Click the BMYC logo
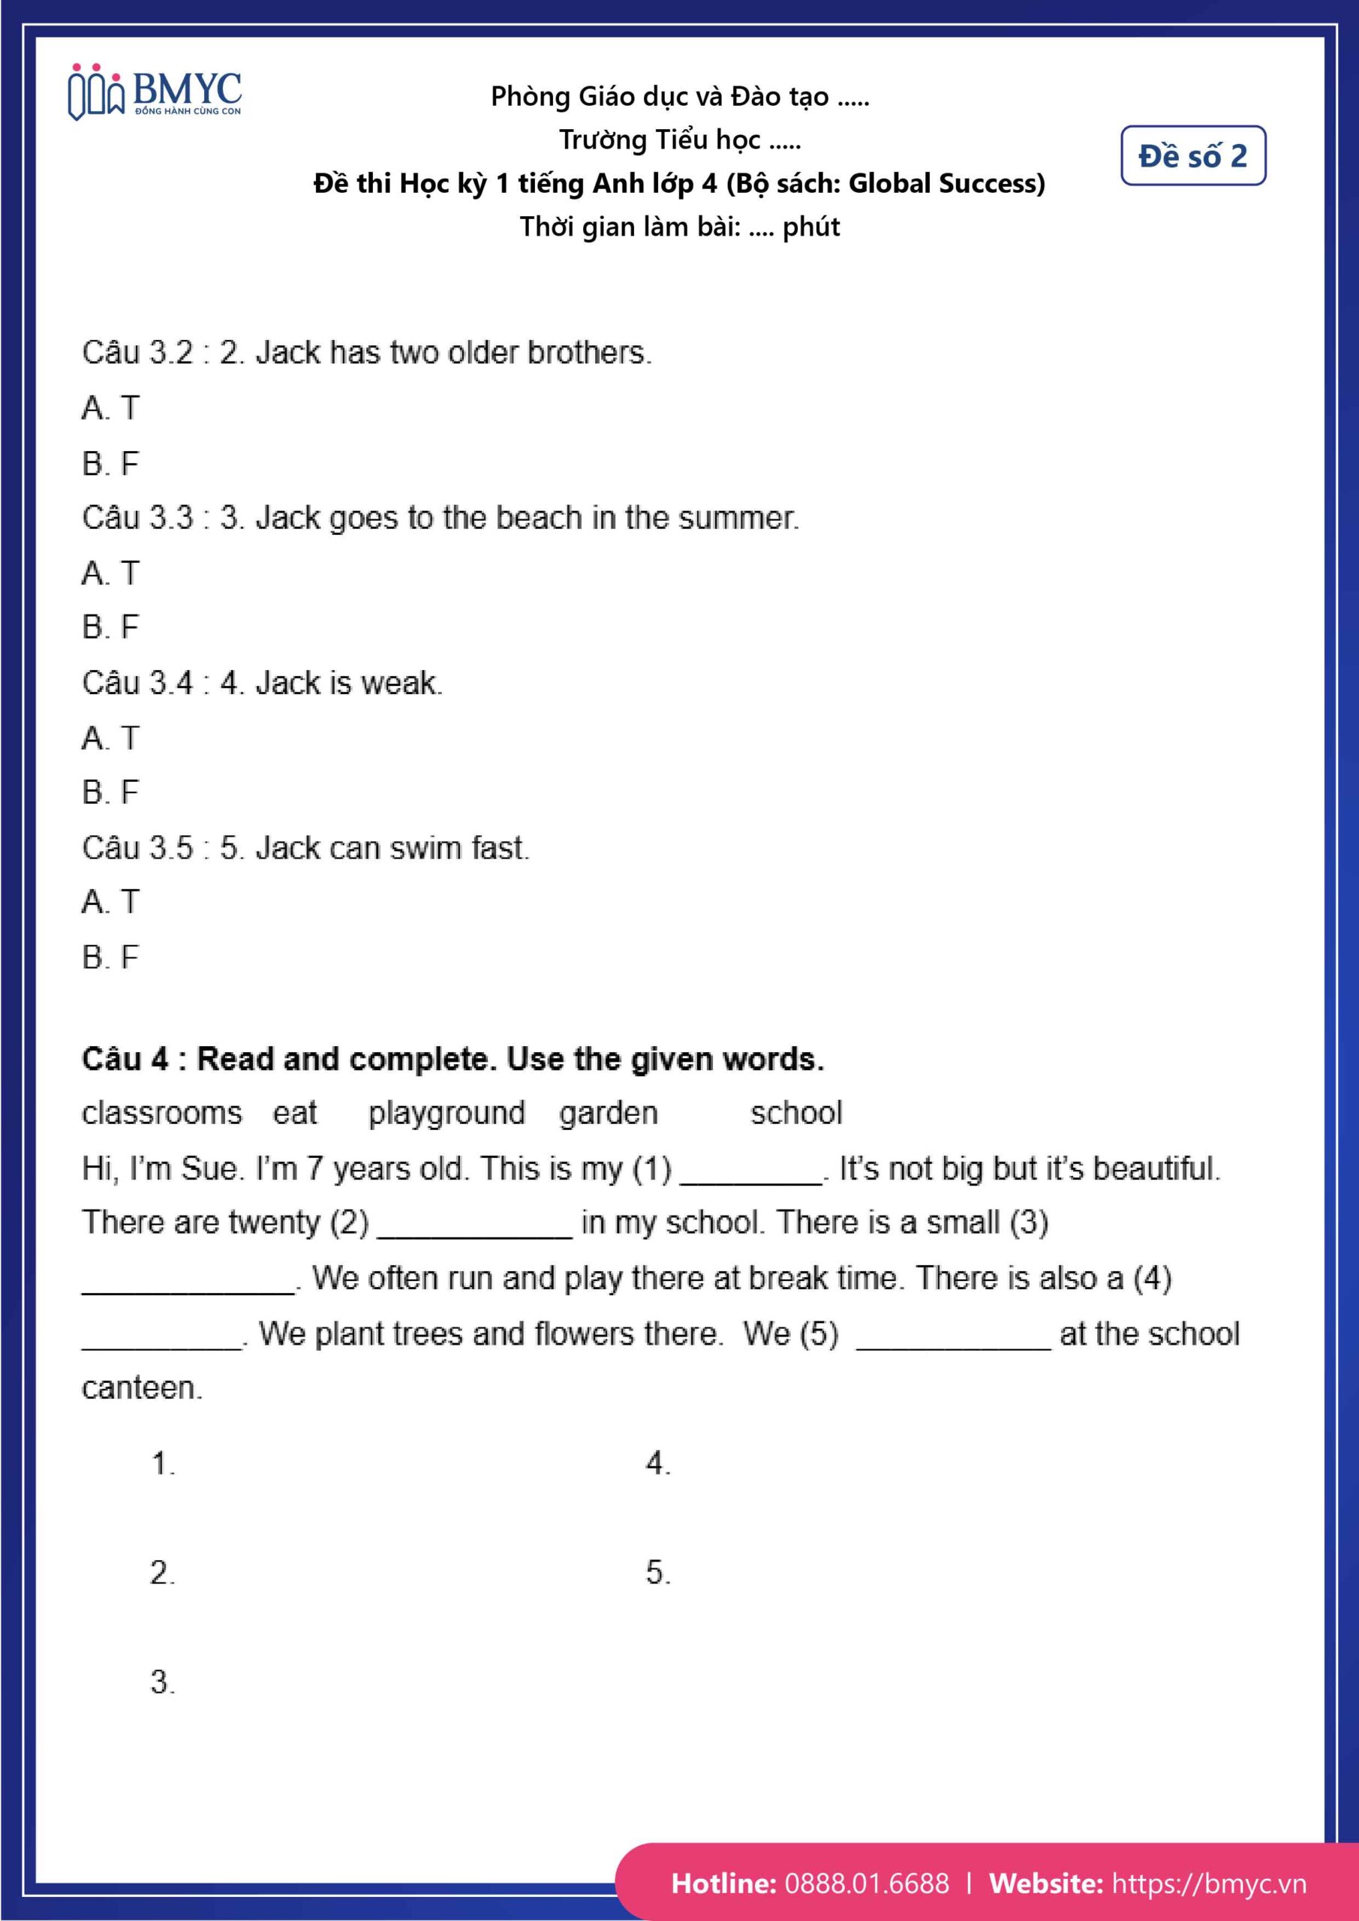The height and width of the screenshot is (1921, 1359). tap(154, 92)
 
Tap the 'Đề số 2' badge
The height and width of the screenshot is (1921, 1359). tap(1192, 155)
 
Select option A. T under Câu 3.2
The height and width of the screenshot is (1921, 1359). tap(110, 408)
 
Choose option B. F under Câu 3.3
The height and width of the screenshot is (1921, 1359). tap(110, 627)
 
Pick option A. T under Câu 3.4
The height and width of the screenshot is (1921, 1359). tap(110, 738)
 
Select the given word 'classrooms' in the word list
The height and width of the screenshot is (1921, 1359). tap(161, 1113)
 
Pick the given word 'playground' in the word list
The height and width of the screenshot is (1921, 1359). tap(446, 1113)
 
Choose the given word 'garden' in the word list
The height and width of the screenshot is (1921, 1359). tap(609, 1113)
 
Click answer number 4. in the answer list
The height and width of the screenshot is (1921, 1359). tap(658, 1463)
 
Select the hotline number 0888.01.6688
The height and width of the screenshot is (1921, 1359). tap(867, 1883)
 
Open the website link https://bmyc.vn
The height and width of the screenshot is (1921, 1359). tap(1208, 1883)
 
